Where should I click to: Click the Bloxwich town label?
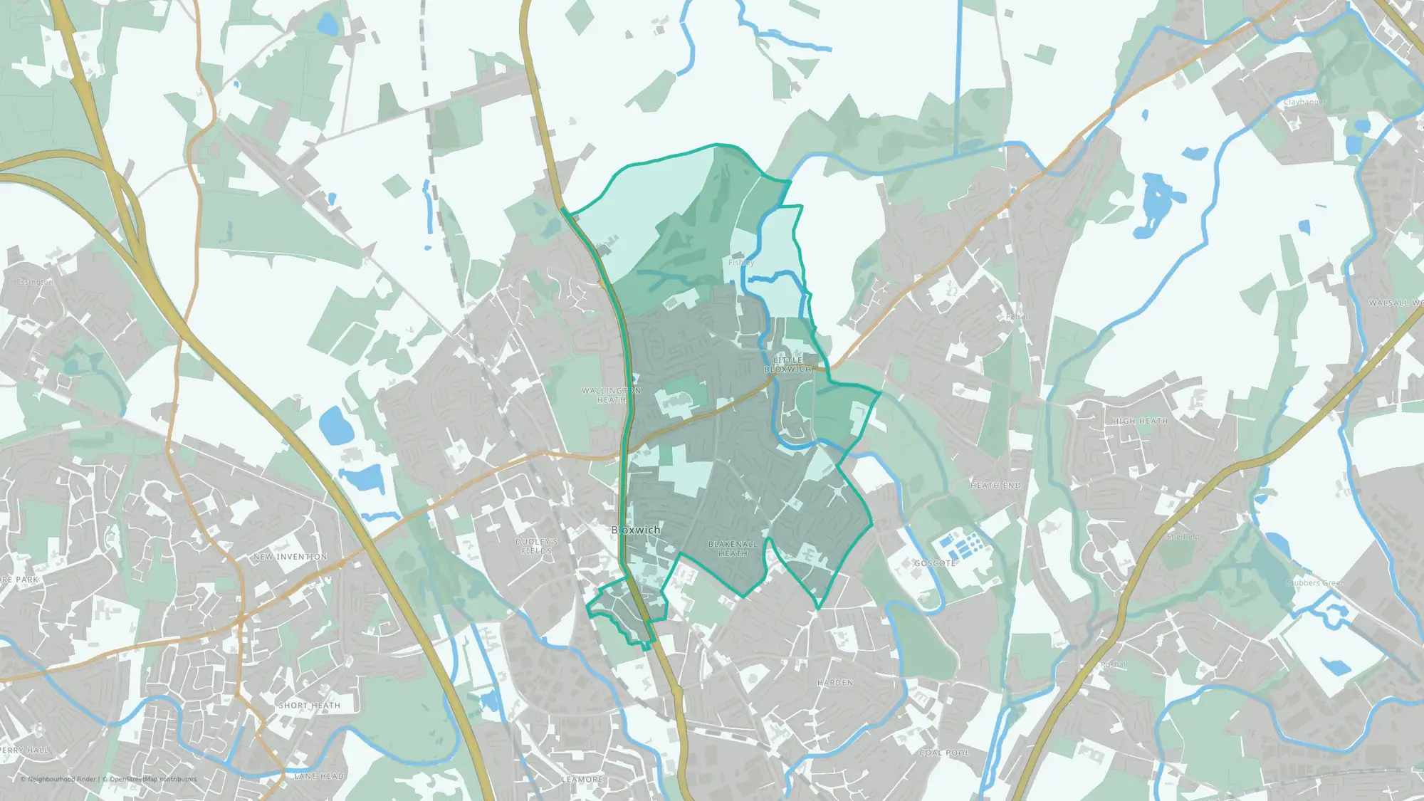pyautogui.click(x=636, y=530)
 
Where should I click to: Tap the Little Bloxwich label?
pyautogui.click(x=787, y=365)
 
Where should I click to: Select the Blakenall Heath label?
pyautogui.click(x=733, y=548)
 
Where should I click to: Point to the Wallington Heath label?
pyautogui.click(x=611, y=395)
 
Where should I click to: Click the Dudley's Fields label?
pyautogui.click(x=537, y=546)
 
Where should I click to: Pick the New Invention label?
pyautogui.click(x=290, y=557)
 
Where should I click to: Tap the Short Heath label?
pyautogui.click(x=310, y=706)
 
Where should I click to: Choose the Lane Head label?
pyautogui.click(x=319, y=776)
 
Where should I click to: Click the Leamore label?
pyautogui.click(x=582, y=780)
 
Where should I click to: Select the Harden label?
pyautogui.click(x=835, y=683)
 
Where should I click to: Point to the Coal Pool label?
pyautogui.click(x=944, y=753)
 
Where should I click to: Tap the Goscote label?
pyautogui.click(x=935, y=563)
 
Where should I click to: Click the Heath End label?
pyautogui.click(x=995, y=486)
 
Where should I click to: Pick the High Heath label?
pyautogui.click(x=1140, y=422)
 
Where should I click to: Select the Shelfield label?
pyautogui.click(x=1183, y=537)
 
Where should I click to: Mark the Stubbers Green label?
pyautogui.click(x=1316, y=583)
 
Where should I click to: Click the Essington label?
pyautogui.click(x=35, y=283)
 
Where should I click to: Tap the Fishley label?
pyautogui.click(x=740, y=263)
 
